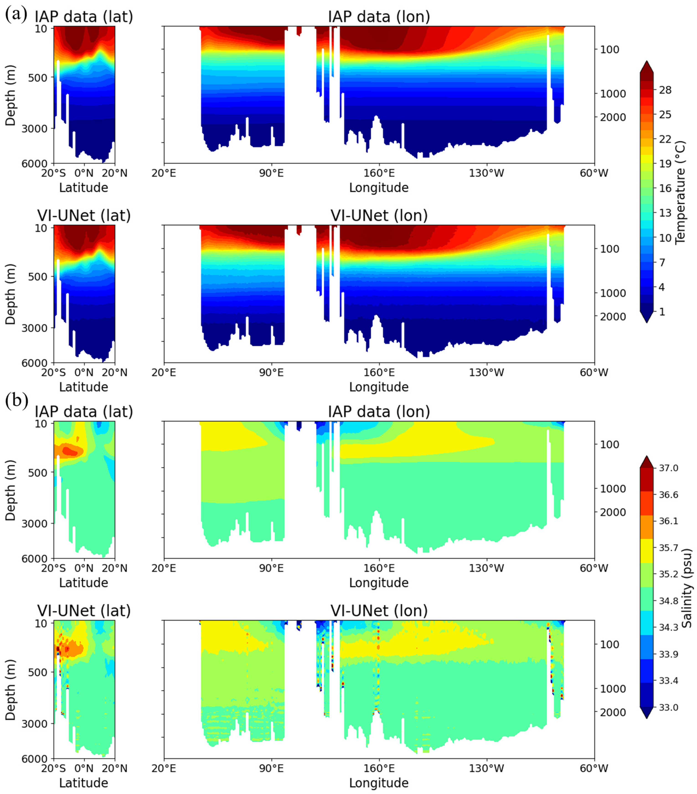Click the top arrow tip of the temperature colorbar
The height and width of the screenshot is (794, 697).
647,61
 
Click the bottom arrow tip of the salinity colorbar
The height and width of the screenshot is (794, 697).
647,718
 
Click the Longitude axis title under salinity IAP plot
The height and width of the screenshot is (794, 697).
379,583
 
